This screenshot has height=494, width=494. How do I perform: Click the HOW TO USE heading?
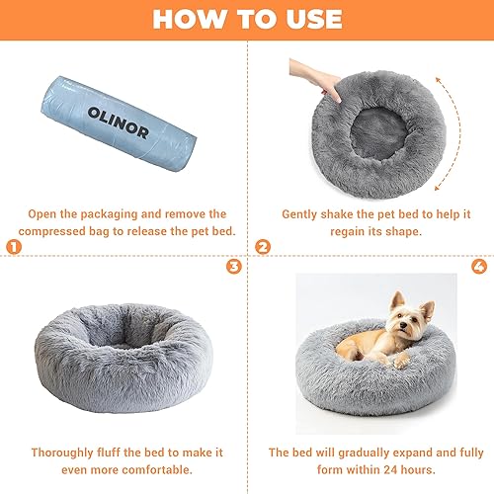(x=247, y=20)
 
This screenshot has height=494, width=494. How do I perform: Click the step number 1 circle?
(x=12, y=246)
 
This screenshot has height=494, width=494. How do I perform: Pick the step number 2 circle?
(x=263, y=246)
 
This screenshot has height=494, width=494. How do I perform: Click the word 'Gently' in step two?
(x=301, y=213)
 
